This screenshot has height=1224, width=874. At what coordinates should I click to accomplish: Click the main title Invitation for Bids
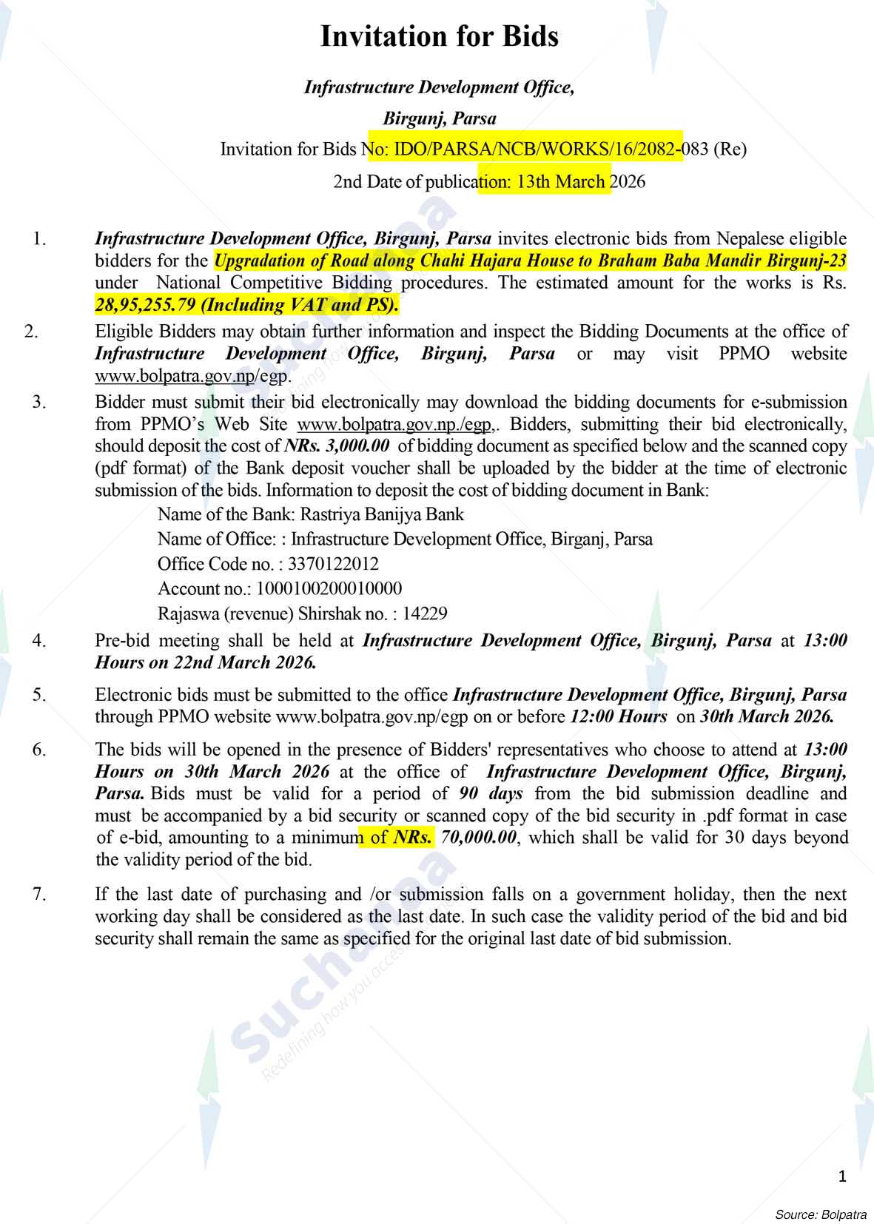click(439, 37)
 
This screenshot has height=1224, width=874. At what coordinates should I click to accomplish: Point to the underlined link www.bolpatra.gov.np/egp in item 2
click(191, 375)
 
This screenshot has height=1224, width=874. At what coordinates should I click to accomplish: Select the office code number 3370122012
click(333, 564)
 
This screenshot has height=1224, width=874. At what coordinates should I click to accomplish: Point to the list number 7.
click(39, 894)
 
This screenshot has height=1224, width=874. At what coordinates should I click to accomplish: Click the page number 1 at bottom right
click(842, 1177)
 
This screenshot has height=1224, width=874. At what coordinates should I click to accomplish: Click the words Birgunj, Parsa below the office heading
click(439, 118)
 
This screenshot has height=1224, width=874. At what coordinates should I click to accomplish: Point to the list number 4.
click(39, 641)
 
